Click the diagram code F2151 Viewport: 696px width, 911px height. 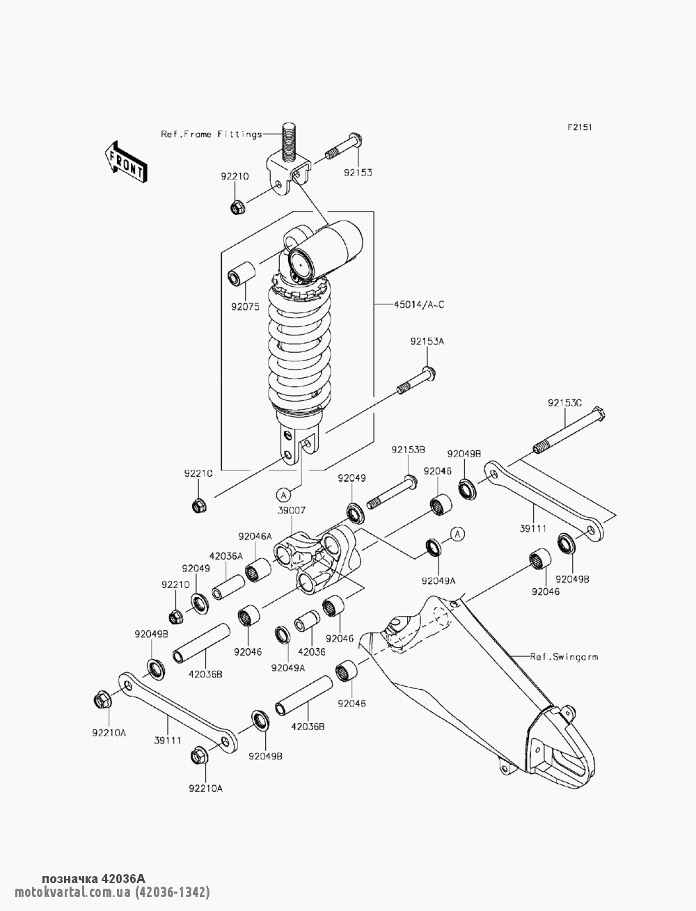click(x=579, y=127)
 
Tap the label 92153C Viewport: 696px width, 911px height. click(x=564, y=403)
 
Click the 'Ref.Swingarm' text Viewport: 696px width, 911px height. click(x=564, y=656)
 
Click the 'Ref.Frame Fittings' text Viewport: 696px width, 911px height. click(x=212, y=134)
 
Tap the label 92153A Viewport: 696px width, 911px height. click(x=427, y=342)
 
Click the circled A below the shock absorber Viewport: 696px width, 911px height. click(x=283, y=494)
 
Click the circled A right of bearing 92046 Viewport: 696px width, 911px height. click(x=457, y=534)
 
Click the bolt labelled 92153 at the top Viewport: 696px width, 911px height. click(x=341, y=148)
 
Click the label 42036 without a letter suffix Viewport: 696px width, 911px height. click(x=311, y=653)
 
